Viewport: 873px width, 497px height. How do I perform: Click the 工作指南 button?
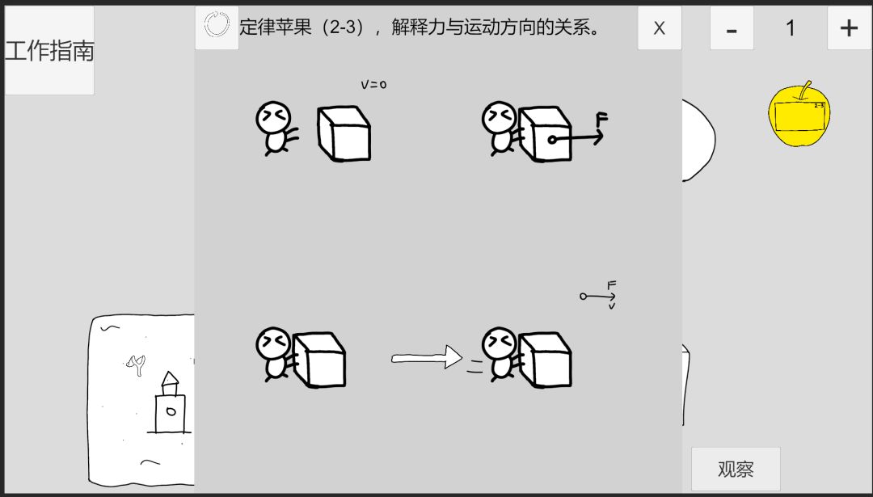pyautogui.click(x=49, y=51)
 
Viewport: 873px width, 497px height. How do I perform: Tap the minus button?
pyautogui.click(x=732, y=28)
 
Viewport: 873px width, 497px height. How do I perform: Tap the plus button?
pyautogui.click(x=849, y=28)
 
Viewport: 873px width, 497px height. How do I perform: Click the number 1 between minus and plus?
pyautogui.click(x=791, y=28)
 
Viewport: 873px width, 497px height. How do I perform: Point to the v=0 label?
pyautogui.click(x=373, y=84)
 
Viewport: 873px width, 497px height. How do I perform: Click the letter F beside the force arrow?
pyautogui.click(x=601, y=120)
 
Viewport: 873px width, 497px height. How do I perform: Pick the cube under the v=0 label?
pyautogui.click(x=344, y=133)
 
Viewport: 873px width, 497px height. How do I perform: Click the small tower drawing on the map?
pyautogui.click(x=170, y=403)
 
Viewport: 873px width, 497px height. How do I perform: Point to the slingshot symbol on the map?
pyautogui.click(x=135, y=366)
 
